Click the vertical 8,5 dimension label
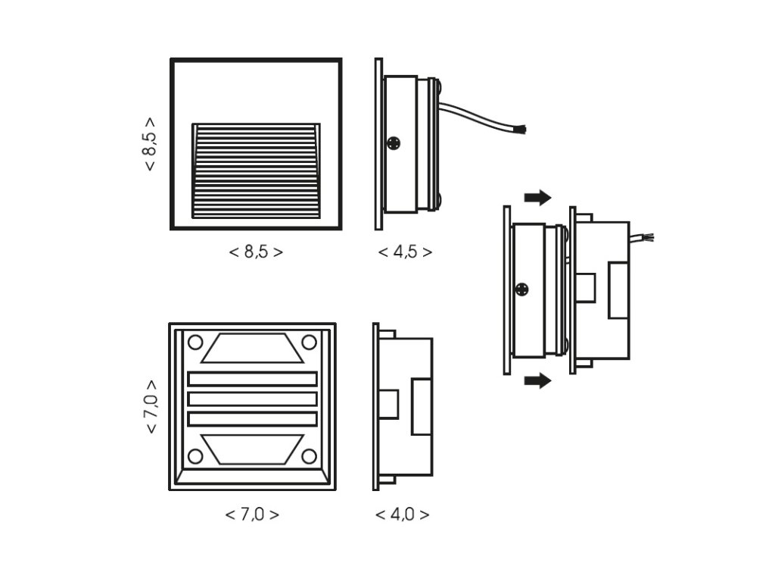tap(150, 143)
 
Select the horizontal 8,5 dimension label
tap(256, 252)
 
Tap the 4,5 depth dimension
tap(405, 252)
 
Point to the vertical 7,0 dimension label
tap(151, 406)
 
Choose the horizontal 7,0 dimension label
tap(252, 514)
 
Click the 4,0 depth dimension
tap(402, 514)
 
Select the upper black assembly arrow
tap(537, 198)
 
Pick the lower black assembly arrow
tap(537, 380)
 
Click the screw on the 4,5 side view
tap(394, 142)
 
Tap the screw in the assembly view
tap(521, 289)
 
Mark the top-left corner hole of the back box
tap(195, 342)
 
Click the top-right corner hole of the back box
tap(309, 342)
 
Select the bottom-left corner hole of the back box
tap(195, 456)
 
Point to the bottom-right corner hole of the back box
tap(309, 456)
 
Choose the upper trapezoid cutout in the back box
tap(252, 348)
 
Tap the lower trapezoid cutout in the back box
tap(252, 449)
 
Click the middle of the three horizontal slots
tap(252, 399)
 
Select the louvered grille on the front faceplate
tap(256, 170)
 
